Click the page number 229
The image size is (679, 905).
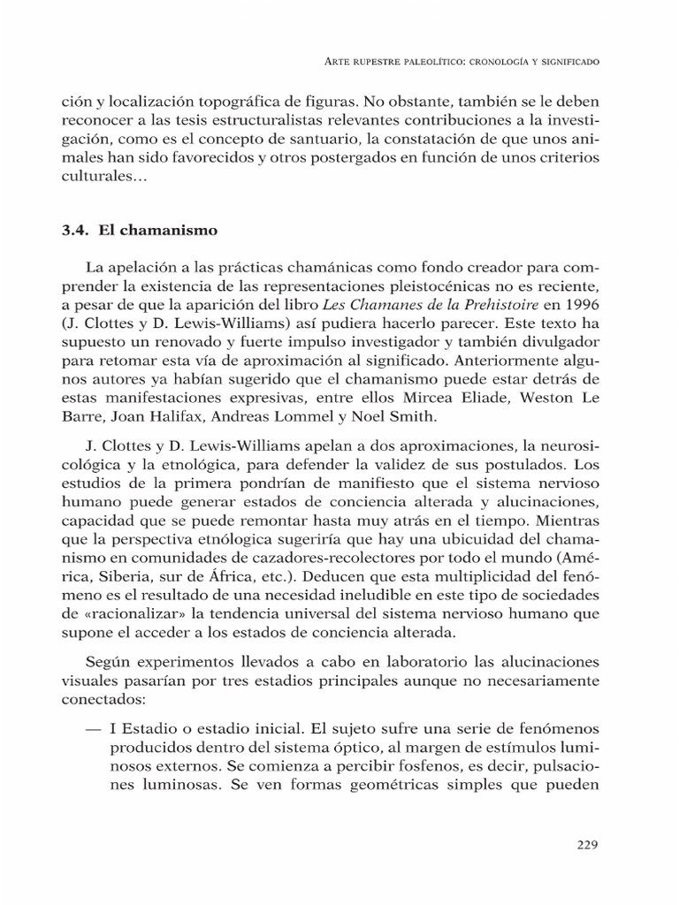click(x=587, y=843)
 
